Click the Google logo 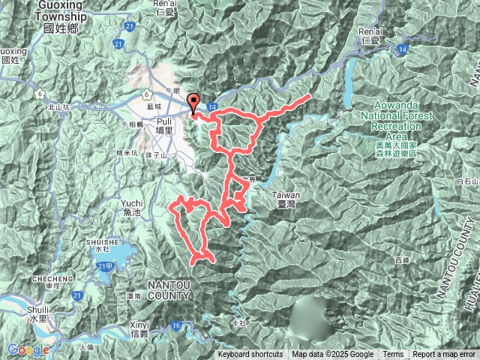tap(28, 349)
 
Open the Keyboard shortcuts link tap(250, 355)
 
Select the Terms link tap(393, 355)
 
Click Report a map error tap(445, 355)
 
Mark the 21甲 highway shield tap(103, 266)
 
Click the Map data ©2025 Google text tap(333, 355)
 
